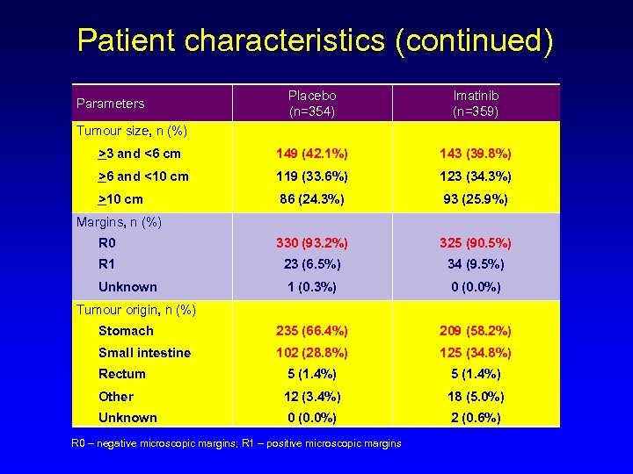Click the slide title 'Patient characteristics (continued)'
pyautogui.click(x=316, y=40)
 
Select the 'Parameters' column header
pyautogui.click(x=110, y=104)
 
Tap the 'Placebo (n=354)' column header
pyautogui.click(x=312, y=103)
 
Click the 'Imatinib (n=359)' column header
pyautogui.click(x=477, y=103)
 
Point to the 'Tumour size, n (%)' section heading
pyautogui.click(x=132, y=131)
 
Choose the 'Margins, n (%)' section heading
pyautogui.click(x=119, y=222)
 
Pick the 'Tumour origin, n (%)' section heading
pyautogui.click(x=135, y=309)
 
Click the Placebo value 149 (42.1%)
pyautogui.click(x=312, y=154)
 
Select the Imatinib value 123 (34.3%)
pyautogui.click(x=477, y=176)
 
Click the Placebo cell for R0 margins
pyautogui.click(x=312, y=243)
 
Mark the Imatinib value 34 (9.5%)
pyautogui.click(x=477, y=264)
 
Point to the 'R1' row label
pyautogui.click(x=107, y=264)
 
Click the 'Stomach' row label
pyautogui.click(x=126, y=331)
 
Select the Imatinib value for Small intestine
pyautogui.click(x=477, y=353)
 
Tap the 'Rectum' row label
pyautogui.click(x=122, y=374)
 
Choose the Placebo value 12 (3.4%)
pyautogui.click(x=312, y=396)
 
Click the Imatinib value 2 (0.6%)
pyautogui.click(x=477, y=418)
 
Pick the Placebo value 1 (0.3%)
pyautogui.click(x=312, y=287)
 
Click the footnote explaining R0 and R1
pyautogui.click(x=236, y=443)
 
